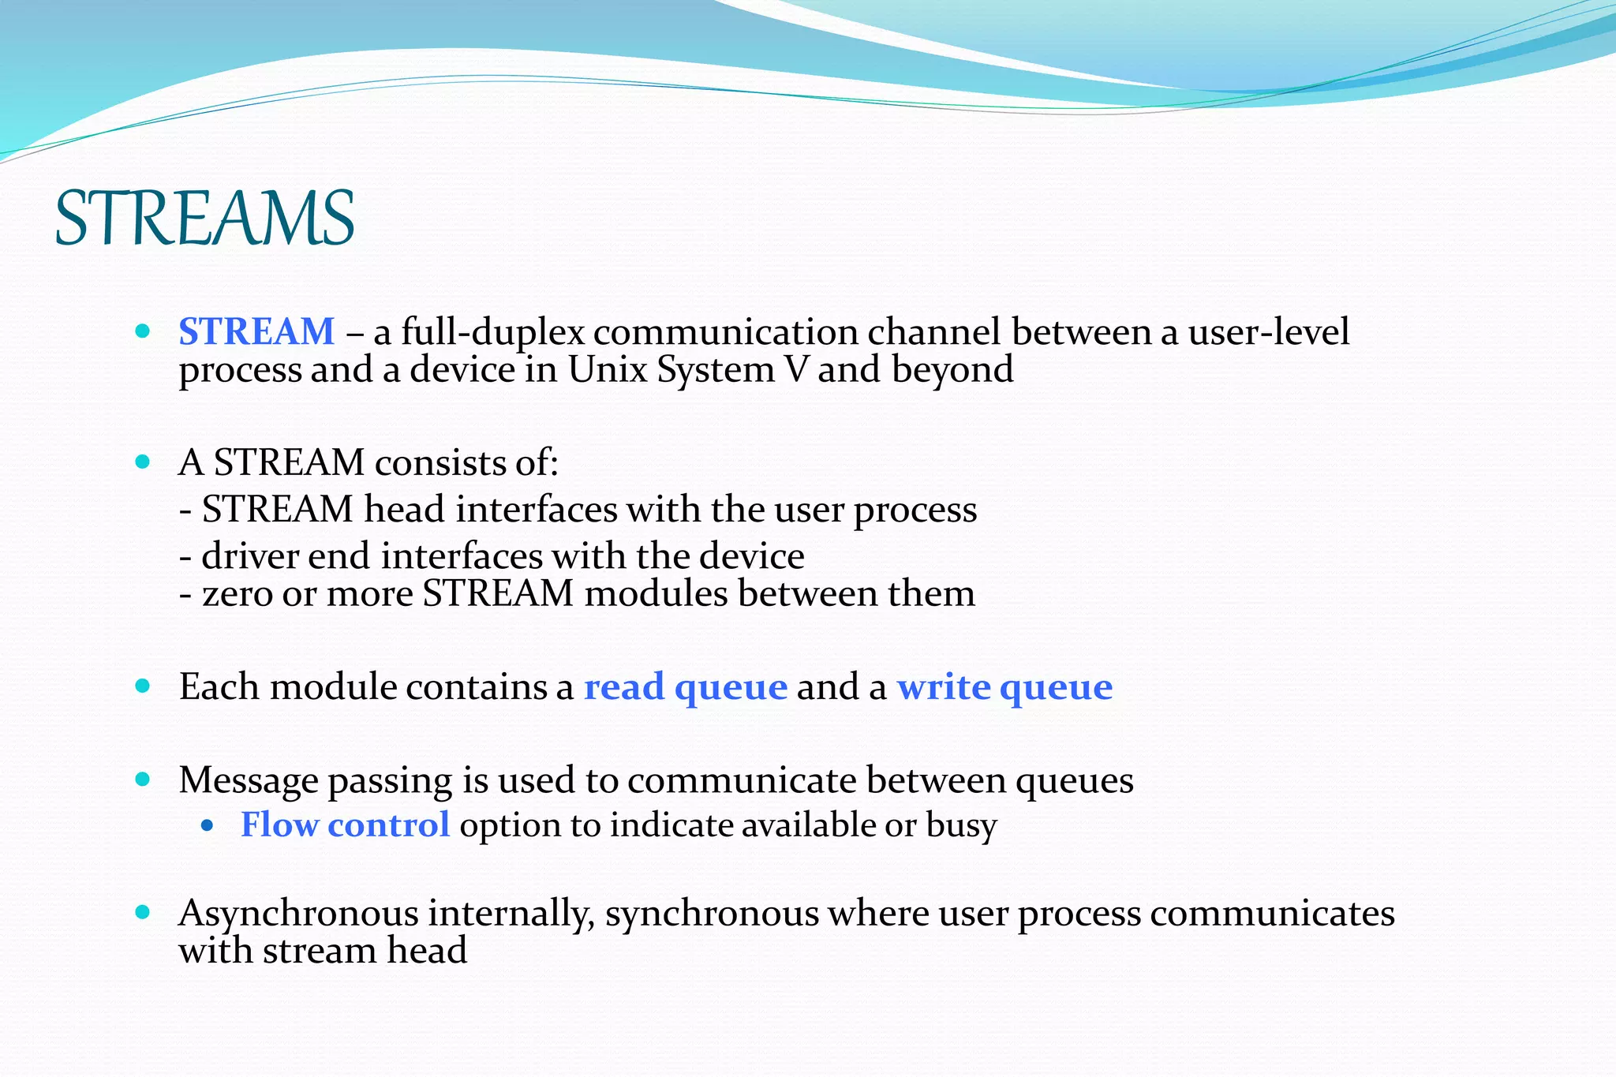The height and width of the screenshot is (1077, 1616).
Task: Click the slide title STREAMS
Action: click(205, 219)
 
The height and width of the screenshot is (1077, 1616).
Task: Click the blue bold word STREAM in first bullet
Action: click(256, 331)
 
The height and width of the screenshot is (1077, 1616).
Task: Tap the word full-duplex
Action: click(492, 332)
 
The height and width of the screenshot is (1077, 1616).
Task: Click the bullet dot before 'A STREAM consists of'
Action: click(143, 462)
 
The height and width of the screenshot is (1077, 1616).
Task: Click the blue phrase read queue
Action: click(685, 687)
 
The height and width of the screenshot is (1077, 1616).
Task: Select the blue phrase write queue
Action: click(1004, 687)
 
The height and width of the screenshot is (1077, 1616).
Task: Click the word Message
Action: click(248, 780)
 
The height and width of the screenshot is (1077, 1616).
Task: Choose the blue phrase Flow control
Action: click(345, 825)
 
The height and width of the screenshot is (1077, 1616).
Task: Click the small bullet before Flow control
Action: click(208, 826)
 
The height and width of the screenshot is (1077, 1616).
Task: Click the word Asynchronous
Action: click(298, 914)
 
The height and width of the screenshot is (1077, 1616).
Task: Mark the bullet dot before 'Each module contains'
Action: click(143, 686)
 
